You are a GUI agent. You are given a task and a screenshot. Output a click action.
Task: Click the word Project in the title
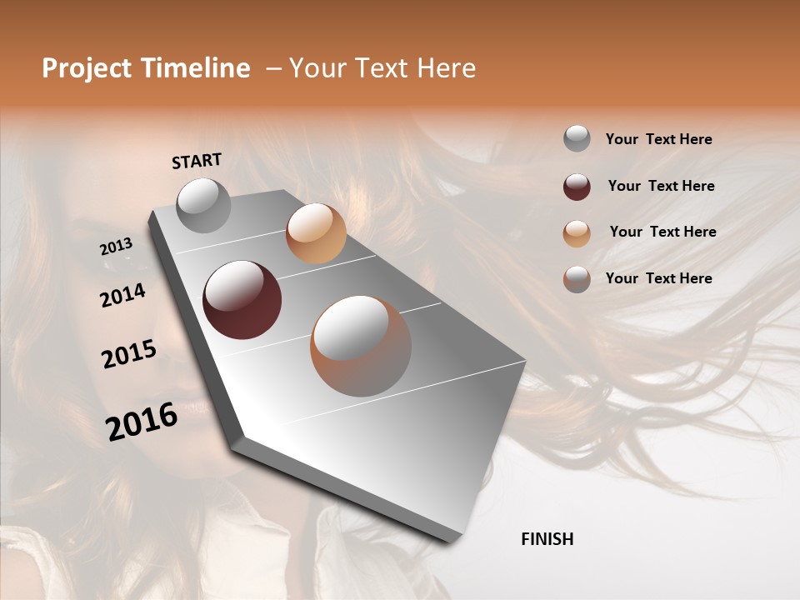click(84, 68)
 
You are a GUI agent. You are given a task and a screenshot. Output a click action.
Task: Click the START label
click(197, 161)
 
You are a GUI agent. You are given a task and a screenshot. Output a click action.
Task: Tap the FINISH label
click(547, 539)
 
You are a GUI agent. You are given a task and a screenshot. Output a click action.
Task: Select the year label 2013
click(116, 247)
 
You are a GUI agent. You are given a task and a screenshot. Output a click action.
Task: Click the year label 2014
click(122, 295)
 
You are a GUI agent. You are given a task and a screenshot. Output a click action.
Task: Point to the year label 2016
click(142, 422)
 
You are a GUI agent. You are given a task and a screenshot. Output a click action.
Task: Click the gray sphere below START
click(203, 205)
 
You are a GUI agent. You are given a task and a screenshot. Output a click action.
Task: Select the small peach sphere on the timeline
click(316, 233)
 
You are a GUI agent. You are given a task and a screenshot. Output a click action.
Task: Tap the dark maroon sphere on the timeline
click(242, 300)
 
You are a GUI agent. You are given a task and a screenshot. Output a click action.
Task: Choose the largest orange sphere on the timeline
click(361, 346)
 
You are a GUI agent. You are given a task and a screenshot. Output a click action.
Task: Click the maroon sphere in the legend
click(577, 187)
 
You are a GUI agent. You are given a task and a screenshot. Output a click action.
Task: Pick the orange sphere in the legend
click(577, 233)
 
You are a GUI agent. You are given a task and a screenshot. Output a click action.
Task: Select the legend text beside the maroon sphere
click(661, 186)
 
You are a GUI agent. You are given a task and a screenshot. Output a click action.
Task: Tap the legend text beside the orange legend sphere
click(662, 232)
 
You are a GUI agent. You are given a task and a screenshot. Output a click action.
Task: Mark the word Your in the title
click(317, 68)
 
